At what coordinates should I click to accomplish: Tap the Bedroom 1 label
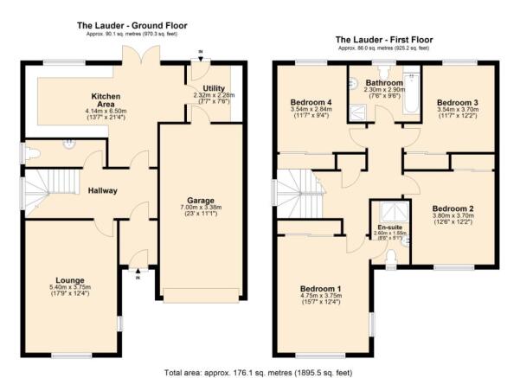(320, 288)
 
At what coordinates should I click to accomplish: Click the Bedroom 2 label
(453, 208)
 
